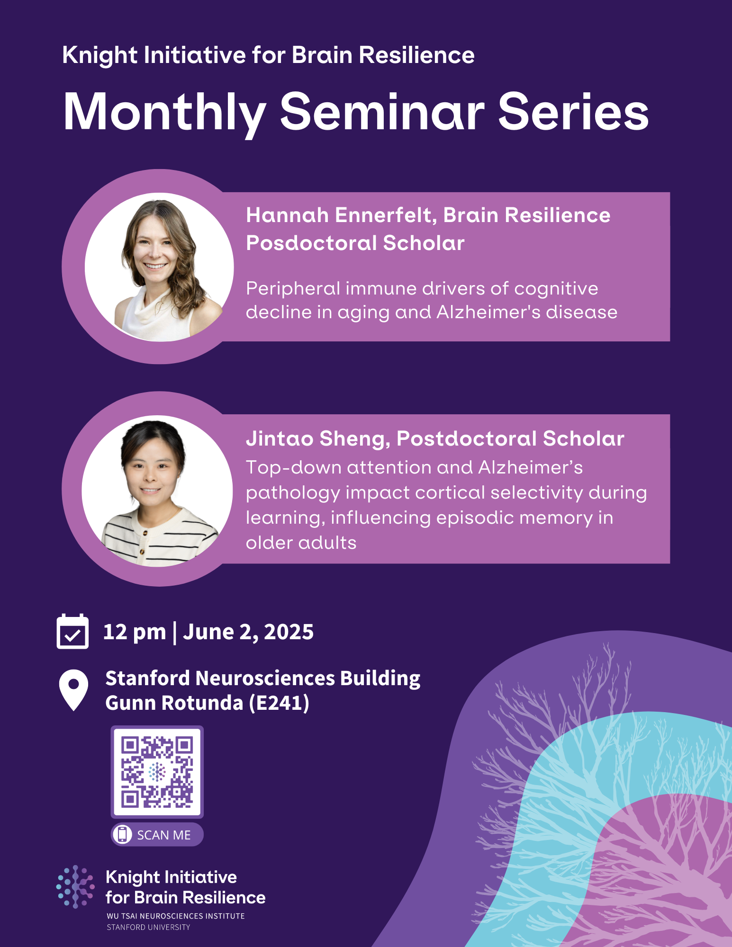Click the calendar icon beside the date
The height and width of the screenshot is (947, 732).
72,632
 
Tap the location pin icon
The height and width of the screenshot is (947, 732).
73,689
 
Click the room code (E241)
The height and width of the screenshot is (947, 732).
279,703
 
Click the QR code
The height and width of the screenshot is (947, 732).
157,772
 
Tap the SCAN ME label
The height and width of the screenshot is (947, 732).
164,835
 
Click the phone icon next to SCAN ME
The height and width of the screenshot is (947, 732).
122,834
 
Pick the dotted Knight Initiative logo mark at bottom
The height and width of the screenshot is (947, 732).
75,886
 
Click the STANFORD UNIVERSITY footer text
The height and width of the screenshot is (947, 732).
148,927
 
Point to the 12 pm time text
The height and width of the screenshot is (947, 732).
135,632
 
